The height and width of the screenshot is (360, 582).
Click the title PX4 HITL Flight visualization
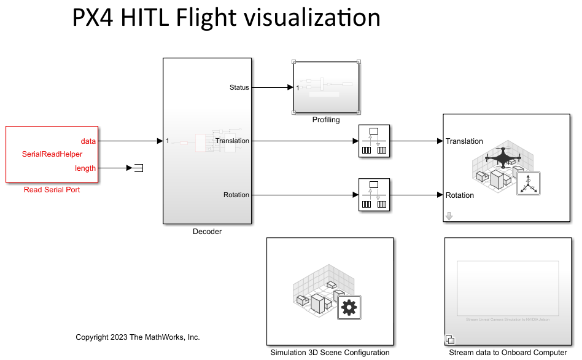226,17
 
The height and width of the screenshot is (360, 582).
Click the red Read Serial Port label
52,190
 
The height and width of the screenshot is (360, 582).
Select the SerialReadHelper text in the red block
52,154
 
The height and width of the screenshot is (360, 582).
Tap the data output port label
88,141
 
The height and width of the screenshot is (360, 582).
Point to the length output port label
85,168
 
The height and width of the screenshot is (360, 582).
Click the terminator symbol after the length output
138,168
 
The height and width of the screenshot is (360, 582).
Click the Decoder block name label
207,232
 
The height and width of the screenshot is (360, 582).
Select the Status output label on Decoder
239,87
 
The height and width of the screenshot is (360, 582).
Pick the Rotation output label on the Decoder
236,195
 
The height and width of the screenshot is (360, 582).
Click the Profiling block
326,87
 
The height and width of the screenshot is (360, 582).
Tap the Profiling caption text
326,120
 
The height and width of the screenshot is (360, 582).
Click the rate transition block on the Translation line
374,141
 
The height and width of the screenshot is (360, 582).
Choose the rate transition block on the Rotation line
374,195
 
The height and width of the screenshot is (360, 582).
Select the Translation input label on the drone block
464,141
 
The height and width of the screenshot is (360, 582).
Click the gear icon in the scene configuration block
349,307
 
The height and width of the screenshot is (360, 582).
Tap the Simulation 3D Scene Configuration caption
330,353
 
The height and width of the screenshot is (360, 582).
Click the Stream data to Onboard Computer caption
508,353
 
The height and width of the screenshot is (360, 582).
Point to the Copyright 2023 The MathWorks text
138,337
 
